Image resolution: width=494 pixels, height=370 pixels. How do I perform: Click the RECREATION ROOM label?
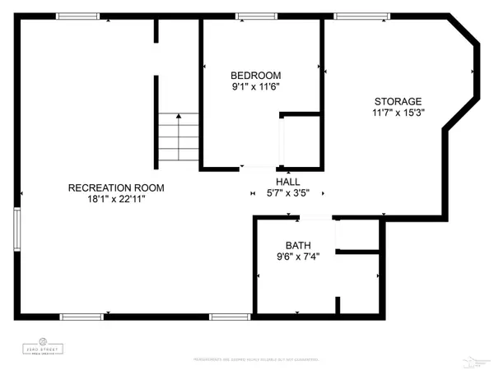(x=115, y=187)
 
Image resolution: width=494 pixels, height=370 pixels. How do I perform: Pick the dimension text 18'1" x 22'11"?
(x=115, y=200)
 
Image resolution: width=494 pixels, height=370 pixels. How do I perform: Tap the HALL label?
(x=288, y=182)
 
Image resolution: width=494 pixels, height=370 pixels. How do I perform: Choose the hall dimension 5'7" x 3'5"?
(x=288, y=194)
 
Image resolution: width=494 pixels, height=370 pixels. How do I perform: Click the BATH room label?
(x=297, y=245)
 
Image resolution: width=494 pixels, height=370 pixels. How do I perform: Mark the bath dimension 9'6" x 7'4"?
(x=297, y=257)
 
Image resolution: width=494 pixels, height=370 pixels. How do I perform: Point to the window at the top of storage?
(x=352, y=16)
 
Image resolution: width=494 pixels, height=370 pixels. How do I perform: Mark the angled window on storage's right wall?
(x=475, y=75)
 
